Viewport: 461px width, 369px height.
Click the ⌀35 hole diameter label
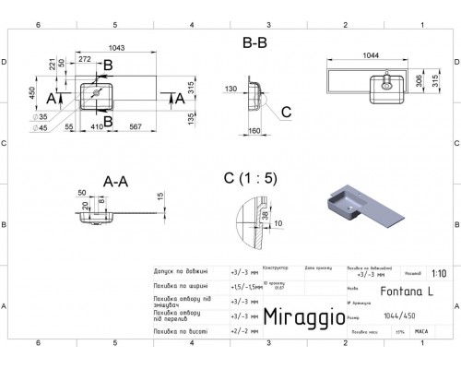coord(42,118)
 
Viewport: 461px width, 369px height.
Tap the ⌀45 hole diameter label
coord(42,129)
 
